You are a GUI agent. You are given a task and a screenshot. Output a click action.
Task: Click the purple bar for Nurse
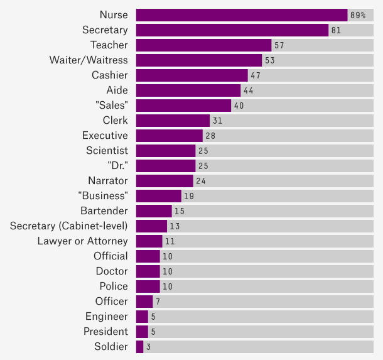click(242, 15)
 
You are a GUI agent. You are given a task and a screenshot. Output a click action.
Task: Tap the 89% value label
click(358, 15)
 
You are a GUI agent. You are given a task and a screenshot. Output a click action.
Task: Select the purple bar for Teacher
click(203, 45)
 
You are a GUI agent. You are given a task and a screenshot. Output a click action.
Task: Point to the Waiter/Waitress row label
click(89, 60)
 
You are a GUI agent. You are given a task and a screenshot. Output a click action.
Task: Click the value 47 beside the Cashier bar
click(256, 75)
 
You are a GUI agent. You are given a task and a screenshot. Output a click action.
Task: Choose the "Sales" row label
click(110, 106)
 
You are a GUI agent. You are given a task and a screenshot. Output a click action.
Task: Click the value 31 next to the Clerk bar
click(217, 121)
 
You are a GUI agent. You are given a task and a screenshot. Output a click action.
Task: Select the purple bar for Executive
click(170, 136)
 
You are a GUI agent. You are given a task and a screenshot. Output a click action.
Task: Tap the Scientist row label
click(107, 151)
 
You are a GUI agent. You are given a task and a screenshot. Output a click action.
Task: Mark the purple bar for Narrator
click(165, 181)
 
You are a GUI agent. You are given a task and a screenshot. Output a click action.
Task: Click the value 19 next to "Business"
click(189, 196)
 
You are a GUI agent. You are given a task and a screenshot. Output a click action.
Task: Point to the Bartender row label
click(104, 211)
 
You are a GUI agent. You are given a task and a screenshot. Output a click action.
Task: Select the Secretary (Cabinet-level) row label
click(69, 226)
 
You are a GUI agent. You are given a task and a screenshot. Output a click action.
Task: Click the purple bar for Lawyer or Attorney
click(149, 241)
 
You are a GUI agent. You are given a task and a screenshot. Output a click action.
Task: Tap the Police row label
click(114, 286)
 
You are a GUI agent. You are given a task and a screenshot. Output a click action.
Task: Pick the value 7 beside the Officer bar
click(158, 302)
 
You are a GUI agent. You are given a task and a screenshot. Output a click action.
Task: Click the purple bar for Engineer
click(142, 317)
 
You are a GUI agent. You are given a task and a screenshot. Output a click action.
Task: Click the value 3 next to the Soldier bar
click(148, 347)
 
